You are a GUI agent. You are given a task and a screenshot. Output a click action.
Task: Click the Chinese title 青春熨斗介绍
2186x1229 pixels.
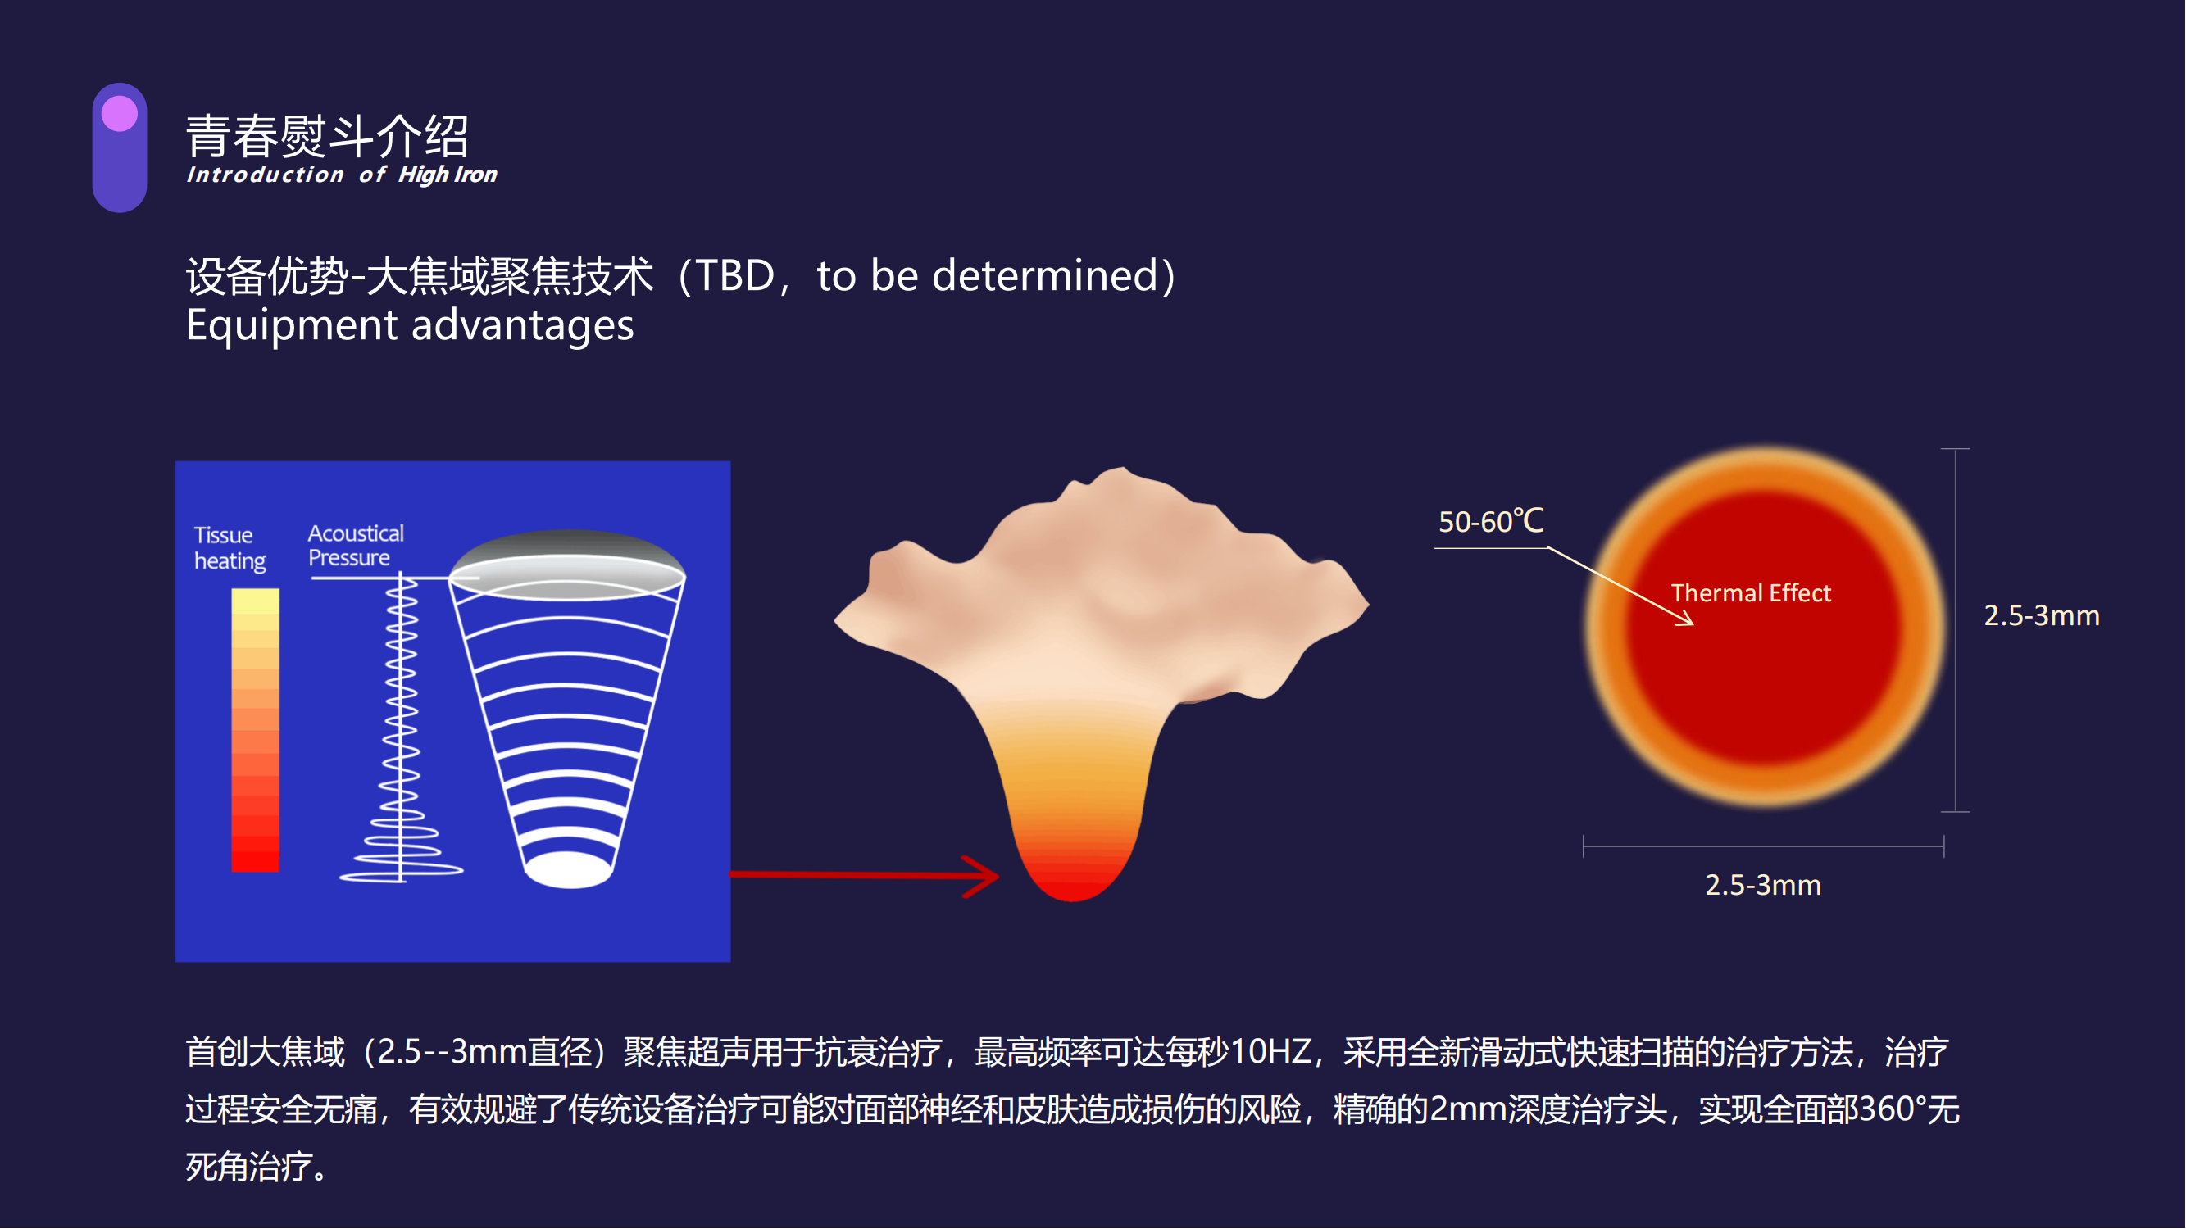pyautogui.click(x=328, y=136)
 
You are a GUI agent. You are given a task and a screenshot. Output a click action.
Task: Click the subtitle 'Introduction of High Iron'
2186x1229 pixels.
pyautogui.click(x=342, y=175)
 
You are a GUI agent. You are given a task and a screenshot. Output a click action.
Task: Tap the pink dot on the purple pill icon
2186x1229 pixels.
pyautogui.click(x=120, y=114)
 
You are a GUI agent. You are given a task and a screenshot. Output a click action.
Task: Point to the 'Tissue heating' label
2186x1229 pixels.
pyautogui.click(x=230, y=548)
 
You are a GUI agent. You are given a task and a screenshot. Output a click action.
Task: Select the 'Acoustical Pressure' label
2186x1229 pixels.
pyautogui.click(x=356, y=546)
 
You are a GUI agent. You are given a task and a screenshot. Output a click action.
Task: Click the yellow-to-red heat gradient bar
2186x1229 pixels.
pyautogui.click(x=256, y=730)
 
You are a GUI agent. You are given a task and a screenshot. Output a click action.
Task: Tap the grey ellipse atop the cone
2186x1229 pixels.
pyautogui.click(x=567, y=565)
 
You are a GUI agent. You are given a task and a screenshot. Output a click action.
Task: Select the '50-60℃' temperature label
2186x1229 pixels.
pyautogui.click(x=1491, y=522)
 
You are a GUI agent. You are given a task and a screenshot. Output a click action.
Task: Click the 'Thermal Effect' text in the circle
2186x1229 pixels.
pyautogui.click(x=1752, y=593)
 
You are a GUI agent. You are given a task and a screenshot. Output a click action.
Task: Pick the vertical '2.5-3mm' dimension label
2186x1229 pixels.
pyautogui.click(x=2042, y=616)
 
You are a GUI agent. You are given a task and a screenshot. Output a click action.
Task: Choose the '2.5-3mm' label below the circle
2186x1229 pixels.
pyautogui.click(x=1763, y=886)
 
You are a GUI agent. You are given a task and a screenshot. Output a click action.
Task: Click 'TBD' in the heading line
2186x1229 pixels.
pyautogui.click(x=736, y=275)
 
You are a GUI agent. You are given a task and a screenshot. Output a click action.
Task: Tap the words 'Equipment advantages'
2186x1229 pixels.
pyautogui.click(x=410, y=326)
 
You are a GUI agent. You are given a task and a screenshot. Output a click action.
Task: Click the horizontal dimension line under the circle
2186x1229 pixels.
pyautogui.click(x=1764, y=846)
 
